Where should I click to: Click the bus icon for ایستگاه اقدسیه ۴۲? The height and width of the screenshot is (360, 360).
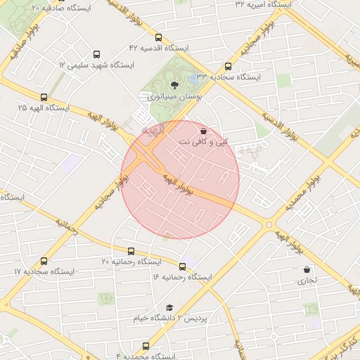point(157,38)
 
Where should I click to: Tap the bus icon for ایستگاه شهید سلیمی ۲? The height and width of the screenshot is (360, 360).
point(96,54)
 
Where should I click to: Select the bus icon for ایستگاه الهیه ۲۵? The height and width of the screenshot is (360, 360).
point(44,98)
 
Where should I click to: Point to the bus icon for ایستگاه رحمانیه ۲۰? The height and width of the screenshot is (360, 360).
point(131,251)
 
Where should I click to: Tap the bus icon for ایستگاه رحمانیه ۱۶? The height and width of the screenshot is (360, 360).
point(183,266)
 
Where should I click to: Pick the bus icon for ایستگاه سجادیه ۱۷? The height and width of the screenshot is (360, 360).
point(44,261)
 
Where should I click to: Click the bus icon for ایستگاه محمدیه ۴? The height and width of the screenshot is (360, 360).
point(146,346)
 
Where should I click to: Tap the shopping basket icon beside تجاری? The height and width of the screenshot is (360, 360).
point(307,269)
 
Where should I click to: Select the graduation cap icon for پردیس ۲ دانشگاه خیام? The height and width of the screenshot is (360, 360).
point(169,307)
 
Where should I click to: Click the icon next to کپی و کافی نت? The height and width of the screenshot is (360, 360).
point(203,131)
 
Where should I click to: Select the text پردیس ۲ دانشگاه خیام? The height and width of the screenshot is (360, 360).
point(171,319)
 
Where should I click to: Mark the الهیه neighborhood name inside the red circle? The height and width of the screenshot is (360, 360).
point(151,130)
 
